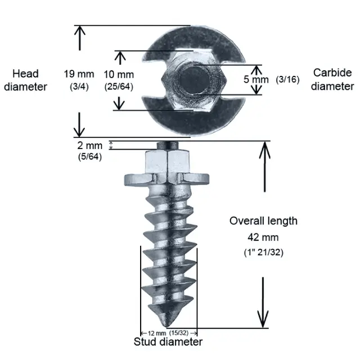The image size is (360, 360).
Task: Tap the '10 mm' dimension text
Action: pos(119,74)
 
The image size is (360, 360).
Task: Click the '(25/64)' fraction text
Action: pos(119,86)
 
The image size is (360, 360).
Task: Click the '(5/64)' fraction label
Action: pos(89,156)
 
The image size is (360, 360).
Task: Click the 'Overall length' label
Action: pos(263,220)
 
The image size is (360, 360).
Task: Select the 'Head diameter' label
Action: pos(25,80)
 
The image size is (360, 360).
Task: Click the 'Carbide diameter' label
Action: pos(332,79)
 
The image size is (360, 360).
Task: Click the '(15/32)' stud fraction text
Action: pos(179,332)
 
